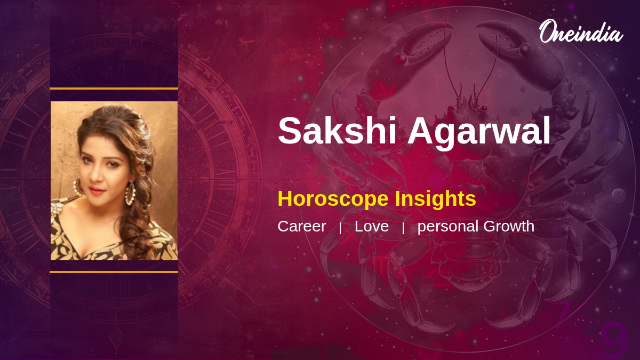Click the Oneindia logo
(x=581, y=31)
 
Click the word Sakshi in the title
(x=337, y=131)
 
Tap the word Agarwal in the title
(x=479, y=133)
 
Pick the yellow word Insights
(x=435, y=199)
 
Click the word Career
(x=302, y=226)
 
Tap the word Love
(x=372, y=226)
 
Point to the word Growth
(x=509, y=226)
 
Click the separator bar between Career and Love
(x=340, y=228)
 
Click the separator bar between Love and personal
(x=403, y=228)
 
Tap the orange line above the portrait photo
(x=114, y=89)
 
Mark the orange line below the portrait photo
(x=114, y=272)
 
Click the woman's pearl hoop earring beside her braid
(x=130, y=194)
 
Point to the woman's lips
(x=97, y=190)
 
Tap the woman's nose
(x=95, y=177)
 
